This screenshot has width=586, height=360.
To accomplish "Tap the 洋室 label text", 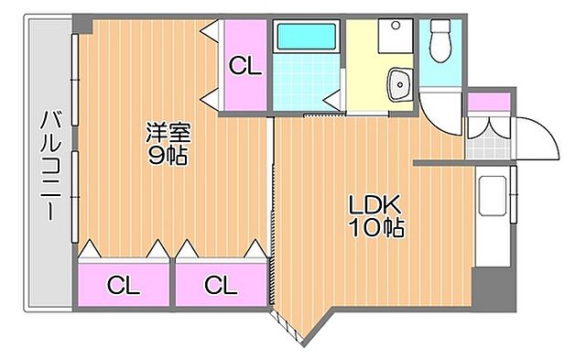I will tap(168, 132).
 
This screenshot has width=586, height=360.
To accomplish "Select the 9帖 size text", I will tap(168, 155).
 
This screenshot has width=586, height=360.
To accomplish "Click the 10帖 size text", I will tap(375, 226).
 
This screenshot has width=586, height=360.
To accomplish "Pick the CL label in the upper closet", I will tap(244, 66).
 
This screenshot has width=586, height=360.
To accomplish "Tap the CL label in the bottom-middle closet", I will tap(220, 285).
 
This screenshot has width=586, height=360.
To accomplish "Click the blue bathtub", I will tap(307, 38).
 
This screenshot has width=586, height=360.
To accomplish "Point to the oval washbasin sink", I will tap(398, 84).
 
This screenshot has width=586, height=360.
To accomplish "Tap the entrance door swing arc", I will tap(540, 137).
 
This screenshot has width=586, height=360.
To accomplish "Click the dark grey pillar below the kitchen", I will tap(494, 290).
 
